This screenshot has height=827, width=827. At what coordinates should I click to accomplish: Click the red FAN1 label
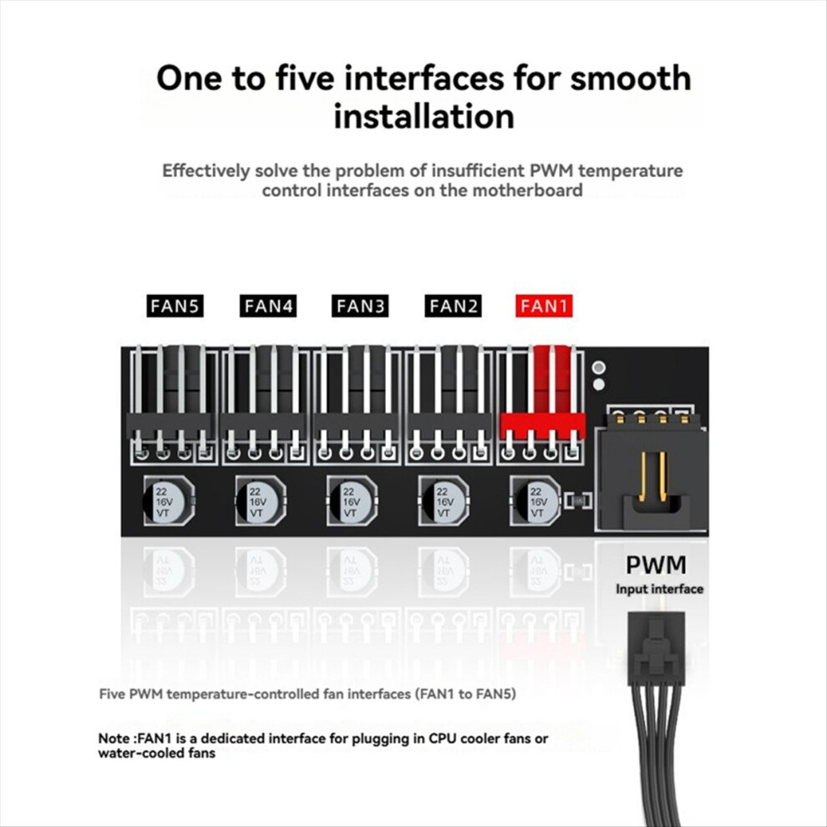544,306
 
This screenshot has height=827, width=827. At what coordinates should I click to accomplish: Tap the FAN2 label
453,306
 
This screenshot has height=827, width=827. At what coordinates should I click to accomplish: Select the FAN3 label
360,306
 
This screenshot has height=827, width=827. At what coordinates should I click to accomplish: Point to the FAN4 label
268,306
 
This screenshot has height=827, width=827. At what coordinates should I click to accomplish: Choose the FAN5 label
175,306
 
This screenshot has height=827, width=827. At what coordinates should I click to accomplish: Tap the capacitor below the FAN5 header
169,500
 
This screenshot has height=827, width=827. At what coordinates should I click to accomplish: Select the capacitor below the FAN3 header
352,500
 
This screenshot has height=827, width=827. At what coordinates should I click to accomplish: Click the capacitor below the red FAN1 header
535,500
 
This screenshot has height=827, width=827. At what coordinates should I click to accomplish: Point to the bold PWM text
656,565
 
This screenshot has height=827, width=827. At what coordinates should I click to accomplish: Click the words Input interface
659,589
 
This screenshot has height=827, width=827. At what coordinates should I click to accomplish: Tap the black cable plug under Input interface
656,648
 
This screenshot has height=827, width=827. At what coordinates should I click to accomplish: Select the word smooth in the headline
631,78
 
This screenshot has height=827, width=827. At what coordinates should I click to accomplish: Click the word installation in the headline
424,117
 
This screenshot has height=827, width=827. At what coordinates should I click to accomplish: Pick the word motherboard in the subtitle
527,190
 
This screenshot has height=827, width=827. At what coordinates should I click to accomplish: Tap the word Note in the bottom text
114,738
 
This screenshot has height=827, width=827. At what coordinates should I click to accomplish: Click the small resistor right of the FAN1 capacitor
578,500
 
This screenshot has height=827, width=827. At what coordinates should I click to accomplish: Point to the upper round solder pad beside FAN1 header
599,368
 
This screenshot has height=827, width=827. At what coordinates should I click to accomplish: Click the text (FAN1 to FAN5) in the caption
466,694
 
